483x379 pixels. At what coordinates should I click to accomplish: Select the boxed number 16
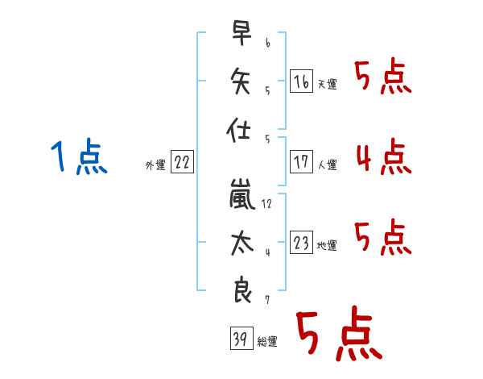[x=301, y=81]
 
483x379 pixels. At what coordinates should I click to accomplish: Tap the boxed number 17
[x=301, y=161]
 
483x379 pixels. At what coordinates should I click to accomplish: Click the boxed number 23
[x=301, y=243]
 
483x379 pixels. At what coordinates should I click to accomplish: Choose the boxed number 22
[x=182, y=162]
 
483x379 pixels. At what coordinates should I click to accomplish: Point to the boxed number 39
[x=239, y=339]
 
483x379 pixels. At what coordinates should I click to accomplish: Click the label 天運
[x=327, y=84]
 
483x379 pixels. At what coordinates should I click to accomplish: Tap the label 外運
[x=155, y=165]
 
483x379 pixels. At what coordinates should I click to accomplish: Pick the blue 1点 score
[x=80, y=156]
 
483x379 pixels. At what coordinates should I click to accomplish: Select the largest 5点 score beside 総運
[x=338, y=334]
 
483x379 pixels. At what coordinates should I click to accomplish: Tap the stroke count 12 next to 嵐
[x=266, y=204]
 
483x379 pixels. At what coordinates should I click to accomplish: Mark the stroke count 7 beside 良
[x=266, y=299]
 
